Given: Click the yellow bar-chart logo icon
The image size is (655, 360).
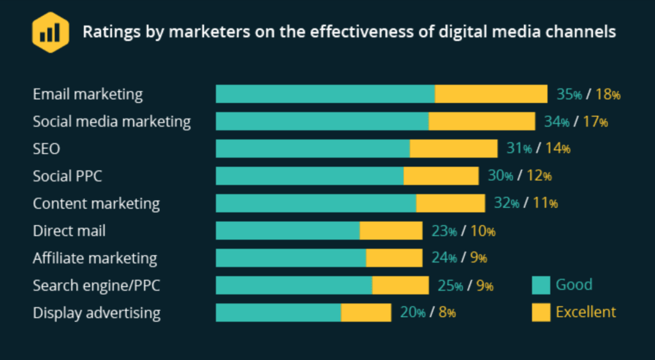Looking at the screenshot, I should point(50,32).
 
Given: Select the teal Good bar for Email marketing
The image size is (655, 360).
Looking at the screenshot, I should point(325,94).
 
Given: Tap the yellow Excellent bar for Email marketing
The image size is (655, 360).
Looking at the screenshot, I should point(491,94).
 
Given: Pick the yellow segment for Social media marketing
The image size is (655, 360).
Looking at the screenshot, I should point(482,121).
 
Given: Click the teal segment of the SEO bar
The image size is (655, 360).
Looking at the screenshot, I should point(313,148).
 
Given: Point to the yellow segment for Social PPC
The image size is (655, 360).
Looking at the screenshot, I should point(441,176).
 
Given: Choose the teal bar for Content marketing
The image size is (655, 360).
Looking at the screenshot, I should point(316,203).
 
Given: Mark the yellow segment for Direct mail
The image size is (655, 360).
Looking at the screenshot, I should point(391,231).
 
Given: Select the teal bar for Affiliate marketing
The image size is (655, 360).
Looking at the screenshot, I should point(291,258).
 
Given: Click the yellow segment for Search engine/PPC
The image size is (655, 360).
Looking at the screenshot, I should point(400,285).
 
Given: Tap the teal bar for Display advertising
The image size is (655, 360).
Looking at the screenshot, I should point(278,313).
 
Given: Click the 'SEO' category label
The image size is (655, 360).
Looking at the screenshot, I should point(46,149).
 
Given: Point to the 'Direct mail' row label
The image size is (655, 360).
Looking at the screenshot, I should point(69,231).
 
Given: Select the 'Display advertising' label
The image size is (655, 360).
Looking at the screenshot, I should point(97,313).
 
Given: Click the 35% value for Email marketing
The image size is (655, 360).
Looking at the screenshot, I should point(569,95).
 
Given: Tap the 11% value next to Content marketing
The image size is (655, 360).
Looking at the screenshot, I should point(545,203).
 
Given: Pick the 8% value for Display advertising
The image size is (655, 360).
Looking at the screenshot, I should point(446,313).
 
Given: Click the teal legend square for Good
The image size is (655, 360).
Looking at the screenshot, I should point(541,285).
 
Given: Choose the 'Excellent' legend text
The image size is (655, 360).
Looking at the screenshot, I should point(585,312).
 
